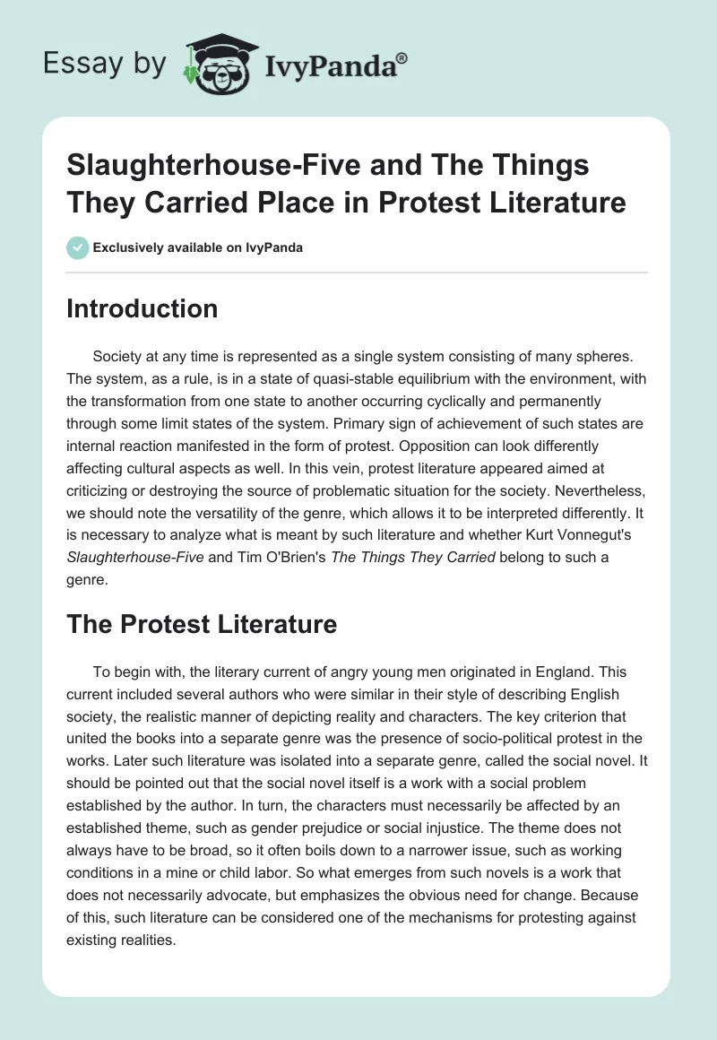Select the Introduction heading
pyautogui.click(x=143, y=308)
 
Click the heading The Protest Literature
pyautogui.click(x=202, y=624)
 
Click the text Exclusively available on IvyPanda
pyautogui.click(x=197, y=247)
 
